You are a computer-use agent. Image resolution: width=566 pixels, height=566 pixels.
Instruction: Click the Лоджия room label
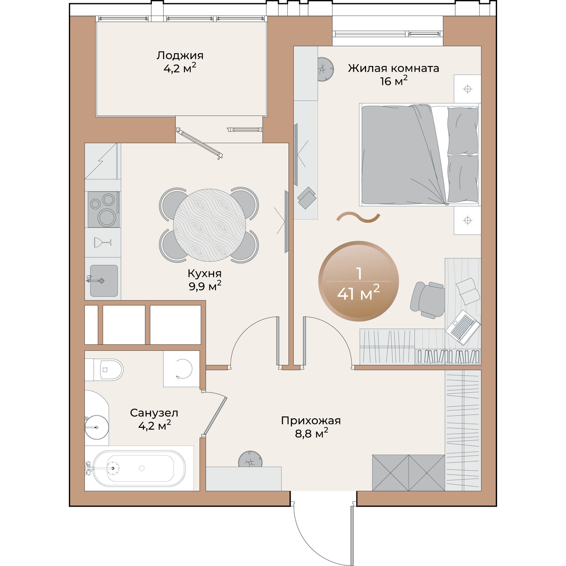[180, 55]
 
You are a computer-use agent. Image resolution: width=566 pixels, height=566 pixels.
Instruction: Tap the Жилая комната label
[393, 68]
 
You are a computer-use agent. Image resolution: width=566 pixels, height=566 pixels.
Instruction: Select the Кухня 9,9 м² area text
[205, 285]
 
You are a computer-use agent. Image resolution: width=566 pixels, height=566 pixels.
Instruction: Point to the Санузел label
[154, 413]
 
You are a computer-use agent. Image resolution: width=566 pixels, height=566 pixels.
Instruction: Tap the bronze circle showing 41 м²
[358, 281]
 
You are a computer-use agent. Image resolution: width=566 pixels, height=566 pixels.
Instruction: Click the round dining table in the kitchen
[209, 225]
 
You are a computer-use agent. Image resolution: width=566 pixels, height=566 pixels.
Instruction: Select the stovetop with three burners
[103, 209]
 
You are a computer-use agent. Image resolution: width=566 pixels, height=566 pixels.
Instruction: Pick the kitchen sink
[104, 281]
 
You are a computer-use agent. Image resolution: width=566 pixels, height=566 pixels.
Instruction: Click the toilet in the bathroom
[108, 369]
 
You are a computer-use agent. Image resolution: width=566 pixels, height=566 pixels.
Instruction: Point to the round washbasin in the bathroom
[97, 427]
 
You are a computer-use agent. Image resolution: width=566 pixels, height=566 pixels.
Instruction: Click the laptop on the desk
[463, 327]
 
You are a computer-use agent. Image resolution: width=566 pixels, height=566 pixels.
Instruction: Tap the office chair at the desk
[427, 300]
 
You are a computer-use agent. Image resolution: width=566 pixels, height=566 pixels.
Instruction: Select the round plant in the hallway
[250, 459]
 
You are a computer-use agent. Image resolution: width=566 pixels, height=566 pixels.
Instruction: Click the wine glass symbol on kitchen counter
[102, 242]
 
